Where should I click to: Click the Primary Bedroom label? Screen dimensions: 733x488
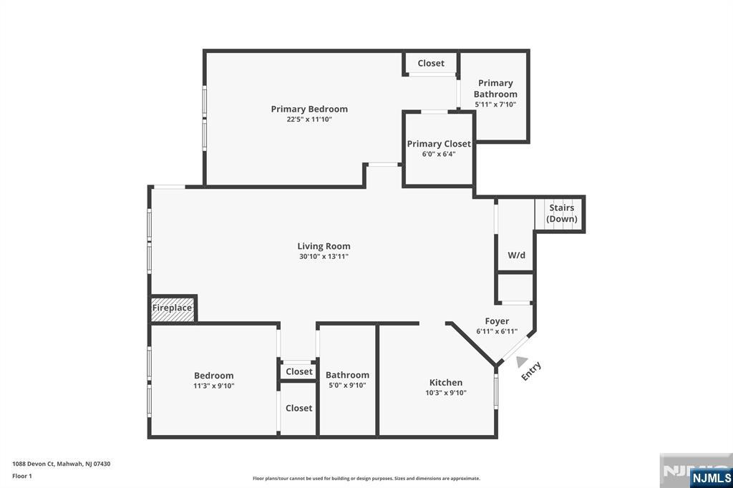pos(309,109)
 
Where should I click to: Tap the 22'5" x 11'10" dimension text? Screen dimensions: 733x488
pos(309,119)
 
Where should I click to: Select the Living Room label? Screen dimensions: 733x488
pos(324,246)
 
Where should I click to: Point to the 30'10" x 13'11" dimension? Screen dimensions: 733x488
pos(324,256)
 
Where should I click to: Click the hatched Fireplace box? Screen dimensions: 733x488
pos(172,308)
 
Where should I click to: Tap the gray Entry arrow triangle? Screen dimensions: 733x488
pos(522,361)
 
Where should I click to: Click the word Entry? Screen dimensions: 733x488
pos(532,371)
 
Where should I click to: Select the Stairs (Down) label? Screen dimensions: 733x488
pos(561,213)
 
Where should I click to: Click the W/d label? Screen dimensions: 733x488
pos(517,255)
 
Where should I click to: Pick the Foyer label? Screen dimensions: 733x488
pos(497,321)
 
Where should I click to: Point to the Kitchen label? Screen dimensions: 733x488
pos(446,382)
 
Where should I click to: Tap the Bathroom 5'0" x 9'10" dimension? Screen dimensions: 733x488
pos(347,385)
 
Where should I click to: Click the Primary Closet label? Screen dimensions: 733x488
pos(439,144)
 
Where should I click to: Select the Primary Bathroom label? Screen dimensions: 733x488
pos(495,88)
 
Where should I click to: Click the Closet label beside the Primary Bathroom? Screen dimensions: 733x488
pos(431,63)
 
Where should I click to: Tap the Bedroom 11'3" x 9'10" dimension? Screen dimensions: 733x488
pos(214,386)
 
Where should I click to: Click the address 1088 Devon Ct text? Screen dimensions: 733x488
pos(34,464)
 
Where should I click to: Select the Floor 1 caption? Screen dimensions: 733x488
pos(22,476)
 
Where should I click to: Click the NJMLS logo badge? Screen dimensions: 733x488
pos(711,478)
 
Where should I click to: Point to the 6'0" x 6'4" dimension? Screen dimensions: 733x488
pos(439,154)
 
